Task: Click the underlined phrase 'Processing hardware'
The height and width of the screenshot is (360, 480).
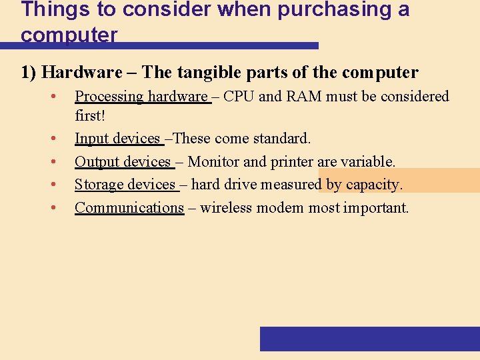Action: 141,97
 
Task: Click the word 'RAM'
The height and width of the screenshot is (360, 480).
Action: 305,97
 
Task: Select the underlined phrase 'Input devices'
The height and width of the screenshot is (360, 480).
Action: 118,139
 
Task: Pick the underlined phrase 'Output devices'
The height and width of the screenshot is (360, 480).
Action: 123,162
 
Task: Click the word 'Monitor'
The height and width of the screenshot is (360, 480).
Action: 213,162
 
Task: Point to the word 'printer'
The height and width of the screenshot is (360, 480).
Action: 293,162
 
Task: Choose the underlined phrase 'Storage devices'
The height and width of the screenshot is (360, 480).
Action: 125,185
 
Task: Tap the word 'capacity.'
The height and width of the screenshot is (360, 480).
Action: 374,185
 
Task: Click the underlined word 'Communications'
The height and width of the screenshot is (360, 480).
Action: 129,208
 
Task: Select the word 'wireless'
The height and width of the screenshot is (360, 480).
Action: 227,208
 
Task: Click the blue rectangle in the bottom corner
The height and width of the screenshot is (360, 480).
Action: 369,339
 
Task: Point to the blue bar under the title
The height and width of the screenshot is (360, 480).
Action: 160,45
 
